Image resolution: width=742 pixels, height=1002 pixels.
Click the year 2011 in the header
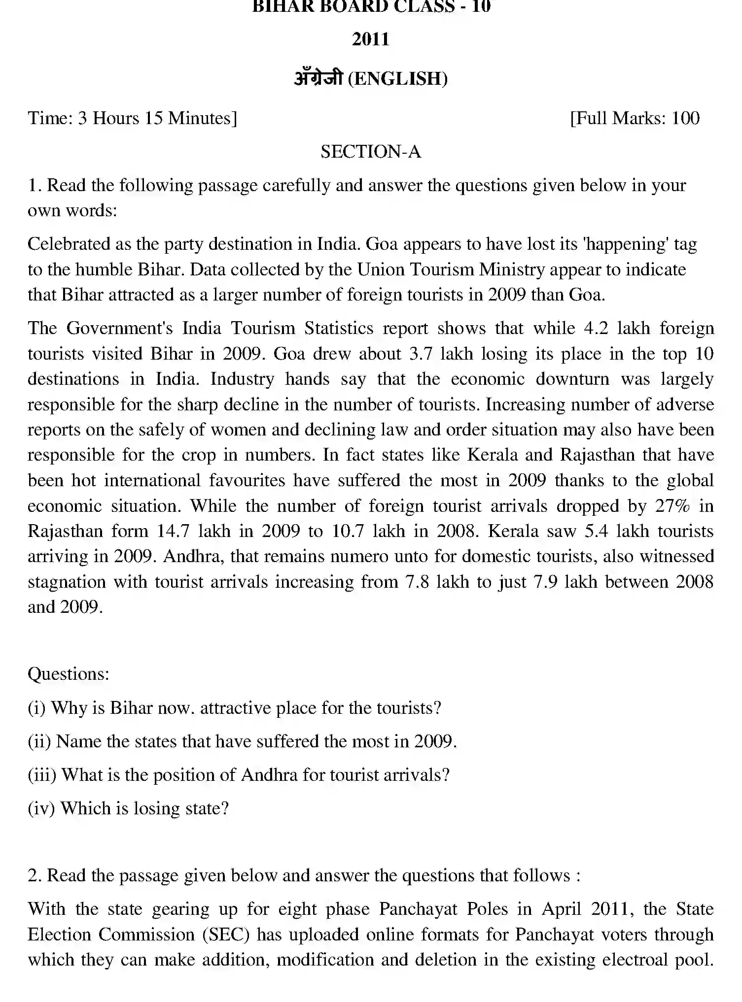(371, 39)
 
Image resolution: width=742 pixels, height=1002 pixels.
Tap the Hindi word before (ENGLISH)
(318, 78)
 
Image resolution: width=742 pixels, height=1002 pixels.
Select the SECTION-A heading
(371, 152)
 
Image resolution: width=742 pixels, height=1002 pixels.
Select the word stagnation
(67, 582)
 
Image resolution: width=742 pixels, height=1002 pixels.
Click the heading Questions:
(69, 673)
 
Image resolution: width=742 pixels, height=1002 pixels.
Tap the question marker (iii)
(42, 775)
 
